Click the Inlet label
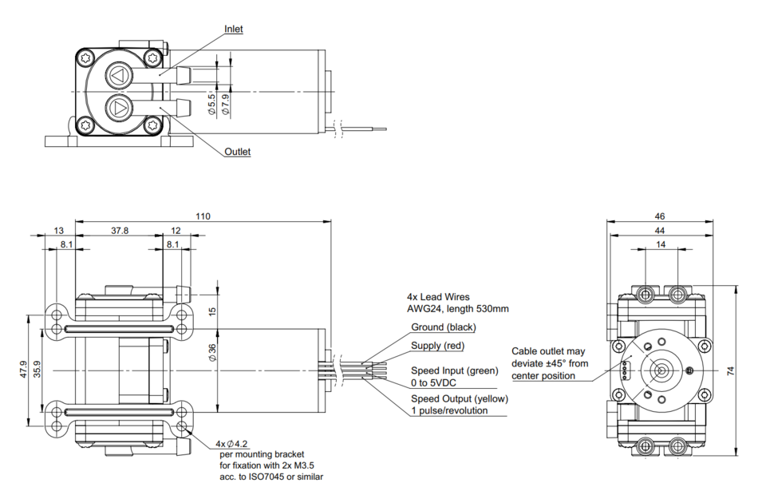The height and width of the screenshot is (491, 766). pyautogui.click(x=234, y=30)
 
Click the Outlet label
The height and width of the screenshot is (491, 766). pyautogui.click(x=237, y=152)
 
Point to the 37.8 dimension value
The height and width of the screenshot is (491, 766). pyautogui.click(x=120, y=230)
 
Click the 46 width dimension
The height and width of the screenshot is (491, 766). pyautogui.click(x=659, y=216)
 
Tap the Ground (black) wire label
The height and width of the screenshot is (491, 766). pyautogui.click(x=443, y=327)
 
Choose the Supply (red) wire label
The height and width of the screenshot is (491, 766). pyautogui.click(x=437, y=346)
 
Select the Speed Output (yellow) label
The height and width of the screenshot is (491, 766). pyautogui.click(x=459, y=398)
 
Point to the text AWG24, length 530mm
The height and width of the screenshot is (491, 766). pyautogui.click(x=457, y=309)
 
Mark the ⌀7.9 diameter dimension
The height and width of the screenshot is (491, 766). pyautogui.click(x=226, y=105)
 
